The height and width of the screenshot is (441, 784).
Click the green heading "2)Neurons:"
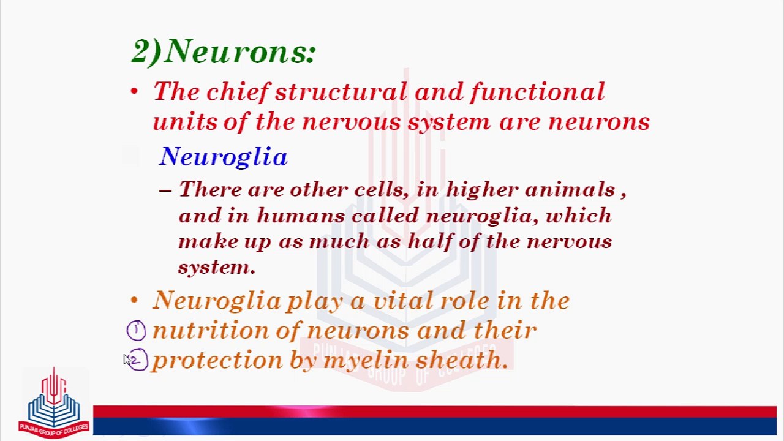click(x=224, y=51)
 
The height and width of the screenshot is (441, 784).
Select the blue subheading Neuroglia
click(x=223, y=157)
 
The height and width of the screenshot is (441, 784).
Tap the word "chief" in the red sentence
click(x=238, y=92)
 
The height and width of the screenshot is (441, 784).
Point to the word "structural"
click(x=341, y=92)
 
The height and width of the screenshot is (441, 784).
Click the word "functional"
click(x=537, y=92)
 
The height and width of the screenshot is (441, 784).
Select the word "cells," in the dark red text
click(x=381, y=190)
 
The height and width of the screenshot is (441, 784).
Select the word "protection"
click(x=217, y=361)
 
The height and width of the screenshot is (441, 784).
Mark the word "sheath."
click(x=462, y=360)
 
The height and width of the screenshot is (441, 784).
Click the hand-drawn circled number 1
click(x=136, y=331)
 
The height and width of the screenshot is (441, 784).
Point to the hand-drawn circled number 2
click(x=137, y=360)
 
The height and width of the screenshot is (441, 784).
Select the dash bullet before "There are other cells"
click(x=165, y=190)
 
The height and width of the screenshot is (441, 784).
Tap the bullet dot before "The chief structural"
click(x=135, y=92)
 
